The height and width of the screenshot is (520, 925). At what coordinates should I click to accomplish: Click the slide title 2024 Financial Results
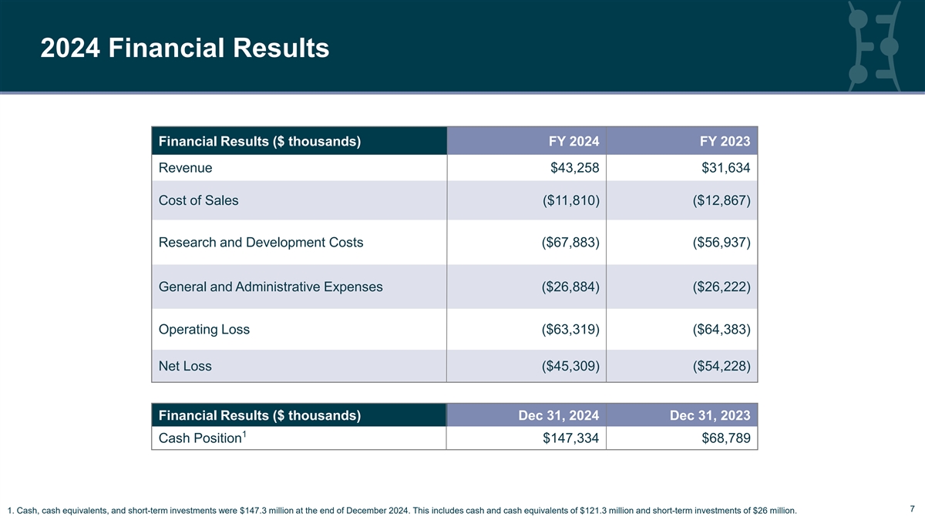185,49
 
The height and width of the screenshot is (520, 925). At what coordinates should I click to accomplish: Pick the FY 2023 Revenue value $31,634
721,168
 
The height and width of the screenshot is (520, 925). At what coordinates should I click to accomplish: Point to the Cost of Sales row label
198,200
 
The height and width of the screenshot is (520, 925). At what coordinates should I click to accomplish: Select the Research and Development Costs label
261,243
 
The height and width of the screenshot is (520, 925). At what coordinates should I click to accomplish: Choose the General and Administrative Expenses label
271,287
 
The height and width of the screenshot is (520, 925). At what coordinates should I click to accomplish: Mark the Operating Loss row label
203,330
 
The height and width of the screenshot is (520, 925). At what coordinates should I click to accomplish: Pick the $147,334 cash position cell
565,439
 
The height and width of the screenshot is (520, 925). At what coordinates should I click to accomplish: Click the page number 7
912,508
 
